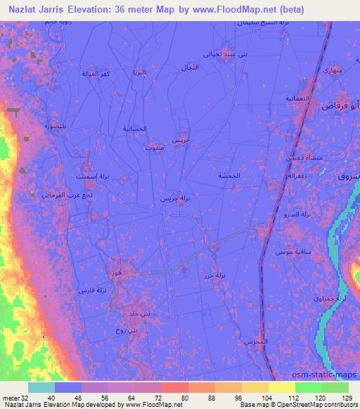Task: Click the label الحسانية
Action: tap(134, 129)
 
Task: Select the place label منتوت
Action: tap(154, 149)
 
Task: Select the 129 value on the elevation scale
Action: tap(347, 397)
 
